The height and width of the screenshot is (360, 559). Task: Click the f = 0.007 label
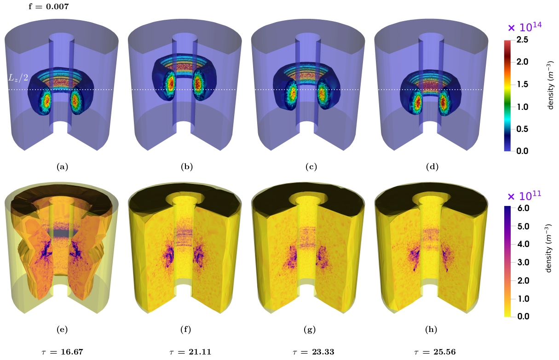(x=49, y=6)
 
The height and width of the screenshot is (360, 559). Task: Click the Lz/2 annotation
(x=18, y=78)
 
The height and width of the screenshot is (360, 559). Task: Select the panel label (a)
(x=63, y=166)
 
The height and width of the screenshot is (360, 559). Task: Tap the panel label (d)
(x=432, y=166)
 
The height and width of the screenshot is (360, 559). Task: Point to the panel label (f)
(x=186, y=330)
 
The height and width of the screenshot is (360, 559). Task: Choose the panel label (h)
(x=431, y=330)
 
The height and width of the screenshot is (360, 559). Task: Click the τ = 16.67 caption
(x=62, y=352)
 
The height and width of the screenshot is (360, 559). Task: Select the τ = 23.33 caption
(x=313, y=352)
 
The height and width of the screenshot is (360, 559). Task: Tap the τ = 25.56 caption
(x=435, y=352)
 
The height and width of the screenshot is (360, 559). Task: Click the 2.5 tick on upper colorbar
(x=522, y=40)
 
